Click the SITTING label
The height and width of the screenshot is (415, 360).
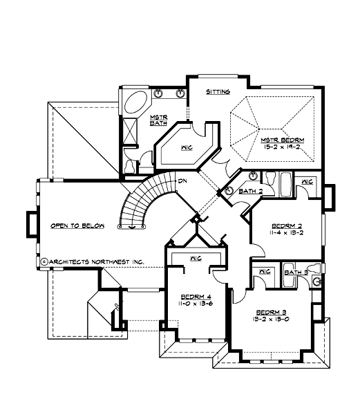(218, 91)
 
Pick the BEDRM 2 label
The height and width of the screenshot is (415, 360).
(287, 225)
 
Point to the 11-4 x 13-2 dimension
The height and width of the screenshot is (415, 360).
(287, 234)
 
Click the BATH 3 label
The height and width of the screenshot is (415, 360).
(296, 273)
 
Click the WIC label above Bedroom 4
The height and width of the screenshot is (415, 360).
(196, 258)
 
